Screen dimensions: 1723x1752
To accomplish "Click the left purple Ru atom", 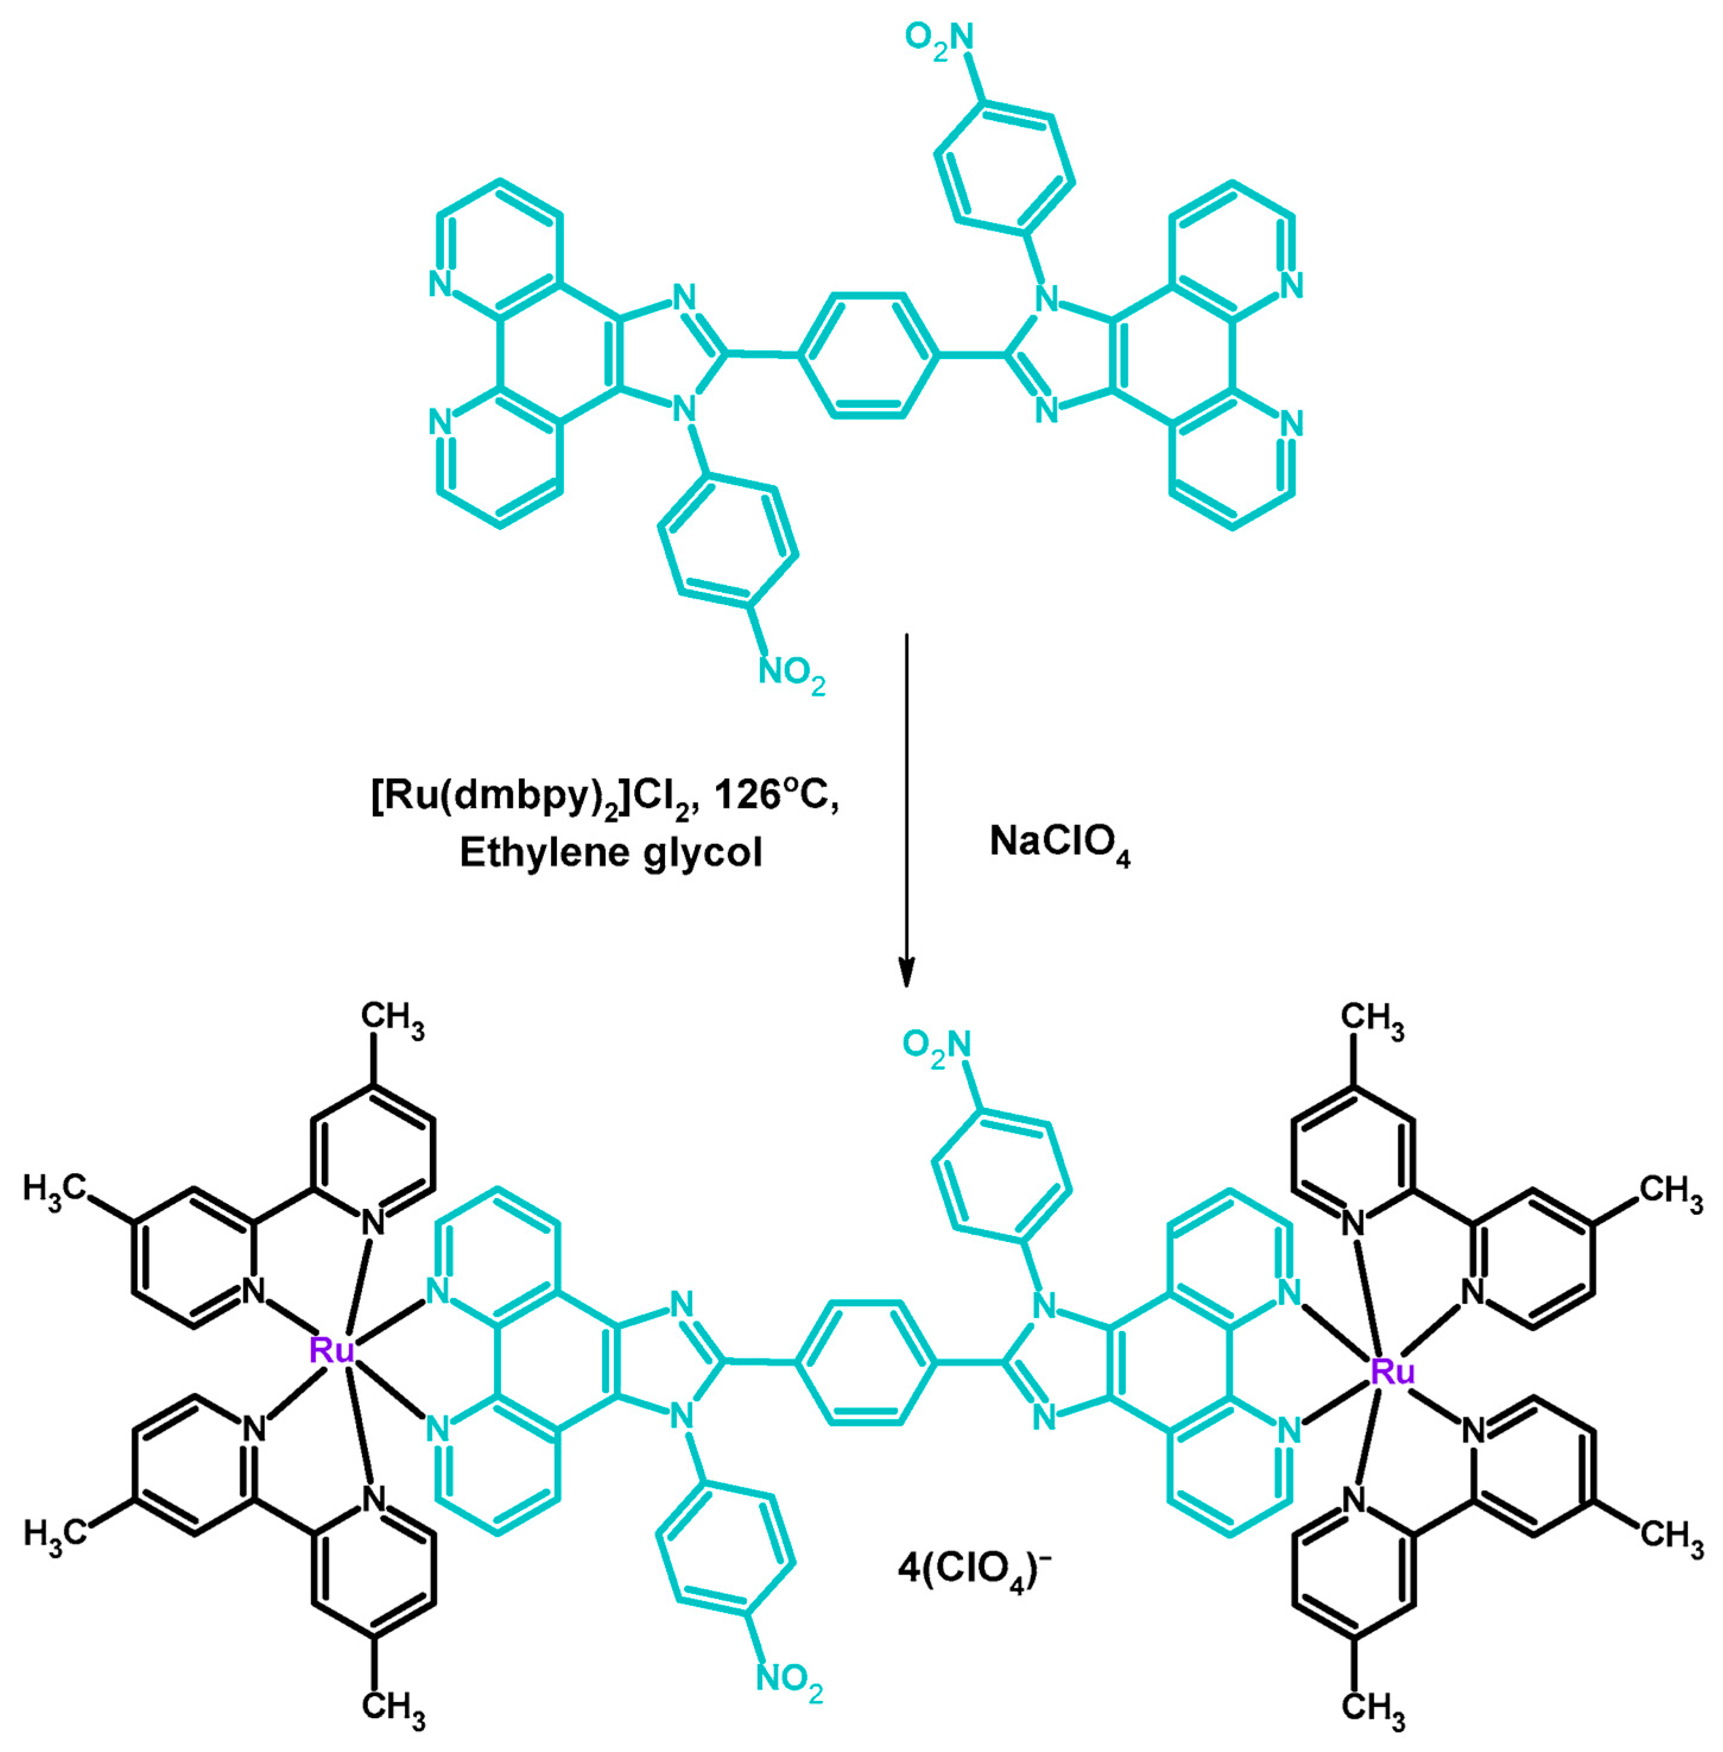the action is pyautogui.click(x=331, y=1351).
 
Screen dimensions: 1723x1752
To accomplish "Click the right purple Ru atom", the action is pyautogui.click(x=1392, y=1373).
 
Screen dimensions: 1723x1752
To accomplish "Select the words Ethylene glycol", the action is pyautogui.click(x=611, y=853).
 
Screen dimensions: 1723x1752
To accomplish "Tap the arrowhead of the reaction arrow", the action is pyautogui.click(x=906, y=973).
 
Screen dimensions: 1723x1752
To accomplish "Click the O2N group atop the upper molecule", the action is pyautogui.click(x=939, y=40).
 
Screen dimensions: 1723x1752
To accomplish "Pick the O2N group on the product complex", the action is pyautogui.click(x=937, y=1046).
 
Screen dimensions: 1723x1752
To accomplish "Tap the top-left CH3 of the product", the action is pyautogui.click(x=392, y=1018).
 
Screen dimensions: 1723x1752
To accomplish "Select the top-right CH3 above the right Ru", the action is pyautogui.click(x=1372, y=1019).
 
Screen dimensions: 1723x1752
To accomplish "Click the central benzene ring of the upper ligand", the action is pyautogui.click(x=867, y=356).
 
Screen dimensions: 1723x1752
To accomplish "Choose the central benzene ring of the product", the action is pyautogui.click(x=865, y=1362).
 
